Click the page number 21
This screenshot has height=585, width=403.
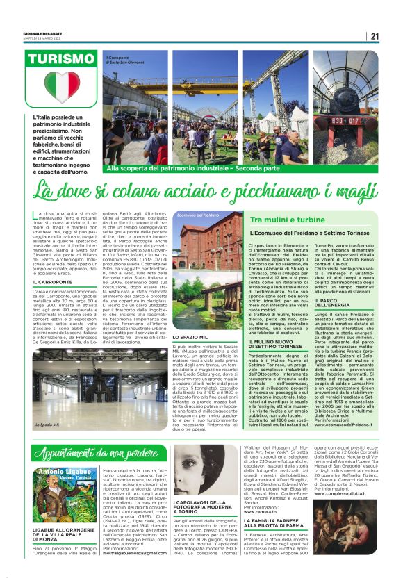point(375,37)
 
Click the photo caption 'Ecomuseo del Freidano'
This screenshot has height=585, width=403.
point(199,216)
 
